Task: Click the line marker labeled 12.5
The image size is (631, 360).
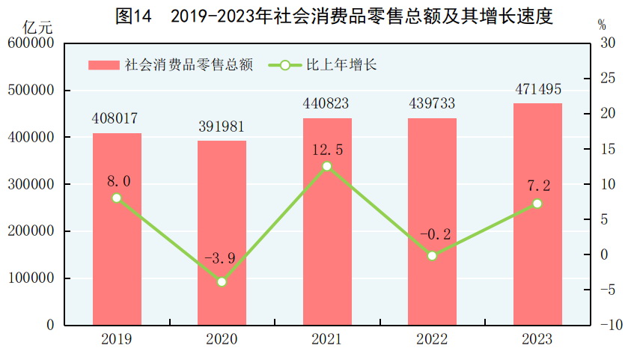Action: (x=326, y=166)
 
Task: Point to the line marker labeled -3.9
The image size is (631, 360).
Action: (x=222, y=282)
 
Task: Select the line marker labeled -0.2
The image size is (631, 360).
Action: (x=432, y=256)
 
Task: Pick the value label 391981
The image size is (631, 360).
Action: (x=222, y=126)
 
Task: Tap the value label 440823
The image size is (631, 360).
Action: (x=326, y=103)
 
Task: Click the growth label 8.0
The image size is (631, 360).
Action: (x=118, y=181)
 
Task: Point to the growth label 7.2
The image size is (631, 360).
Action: (x=538, y=185)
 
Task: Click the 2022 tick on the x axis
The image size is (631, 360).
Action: (x=432, y=339)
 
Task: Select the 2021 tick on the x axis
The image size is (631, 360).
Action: (x=326, y=339)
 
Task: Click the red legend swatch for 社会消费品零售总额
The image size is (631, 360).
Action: (x=103, y=65)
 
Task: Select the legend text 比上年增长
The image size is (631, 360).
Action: (x=341, y=65)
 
